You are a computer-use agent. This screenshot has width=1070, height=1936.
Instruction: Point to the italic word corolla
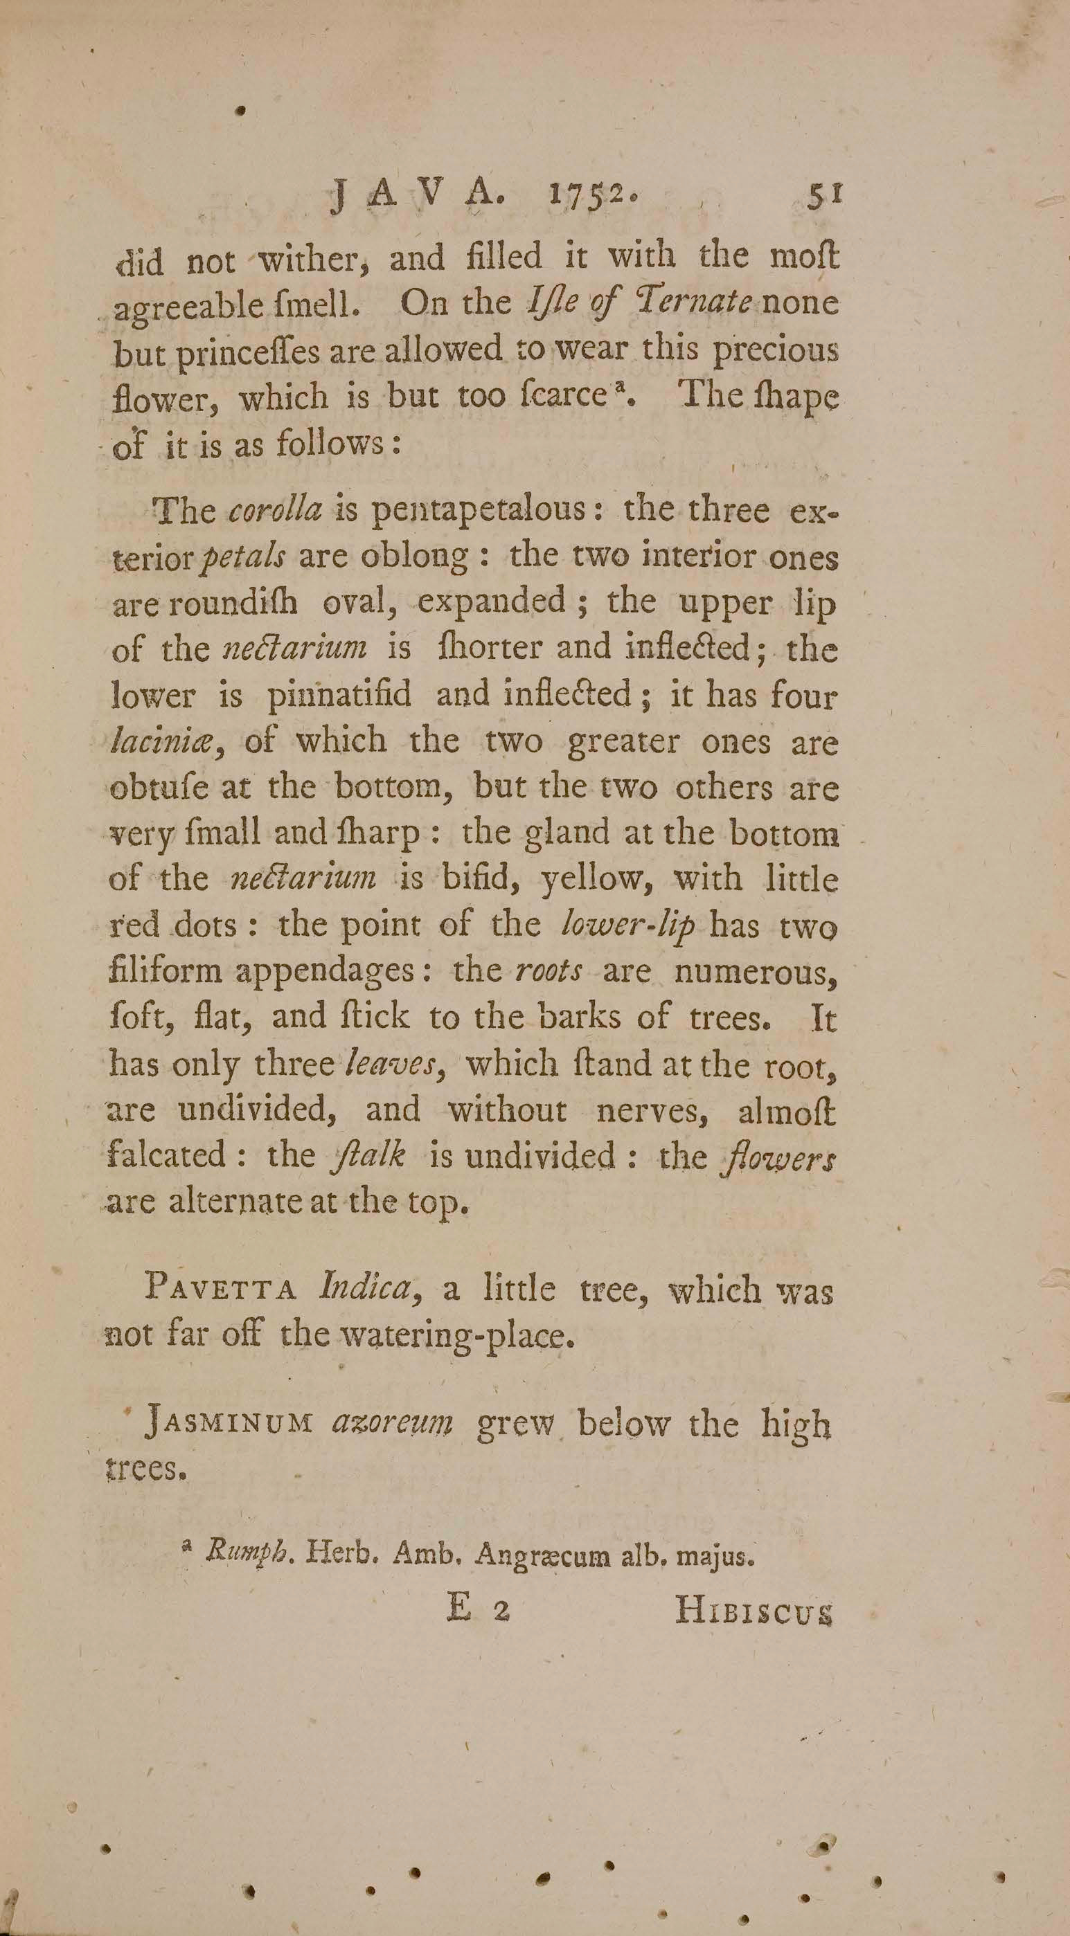274,512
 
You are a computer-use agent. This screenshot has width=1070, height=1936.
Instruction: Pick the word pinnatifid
340,696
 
